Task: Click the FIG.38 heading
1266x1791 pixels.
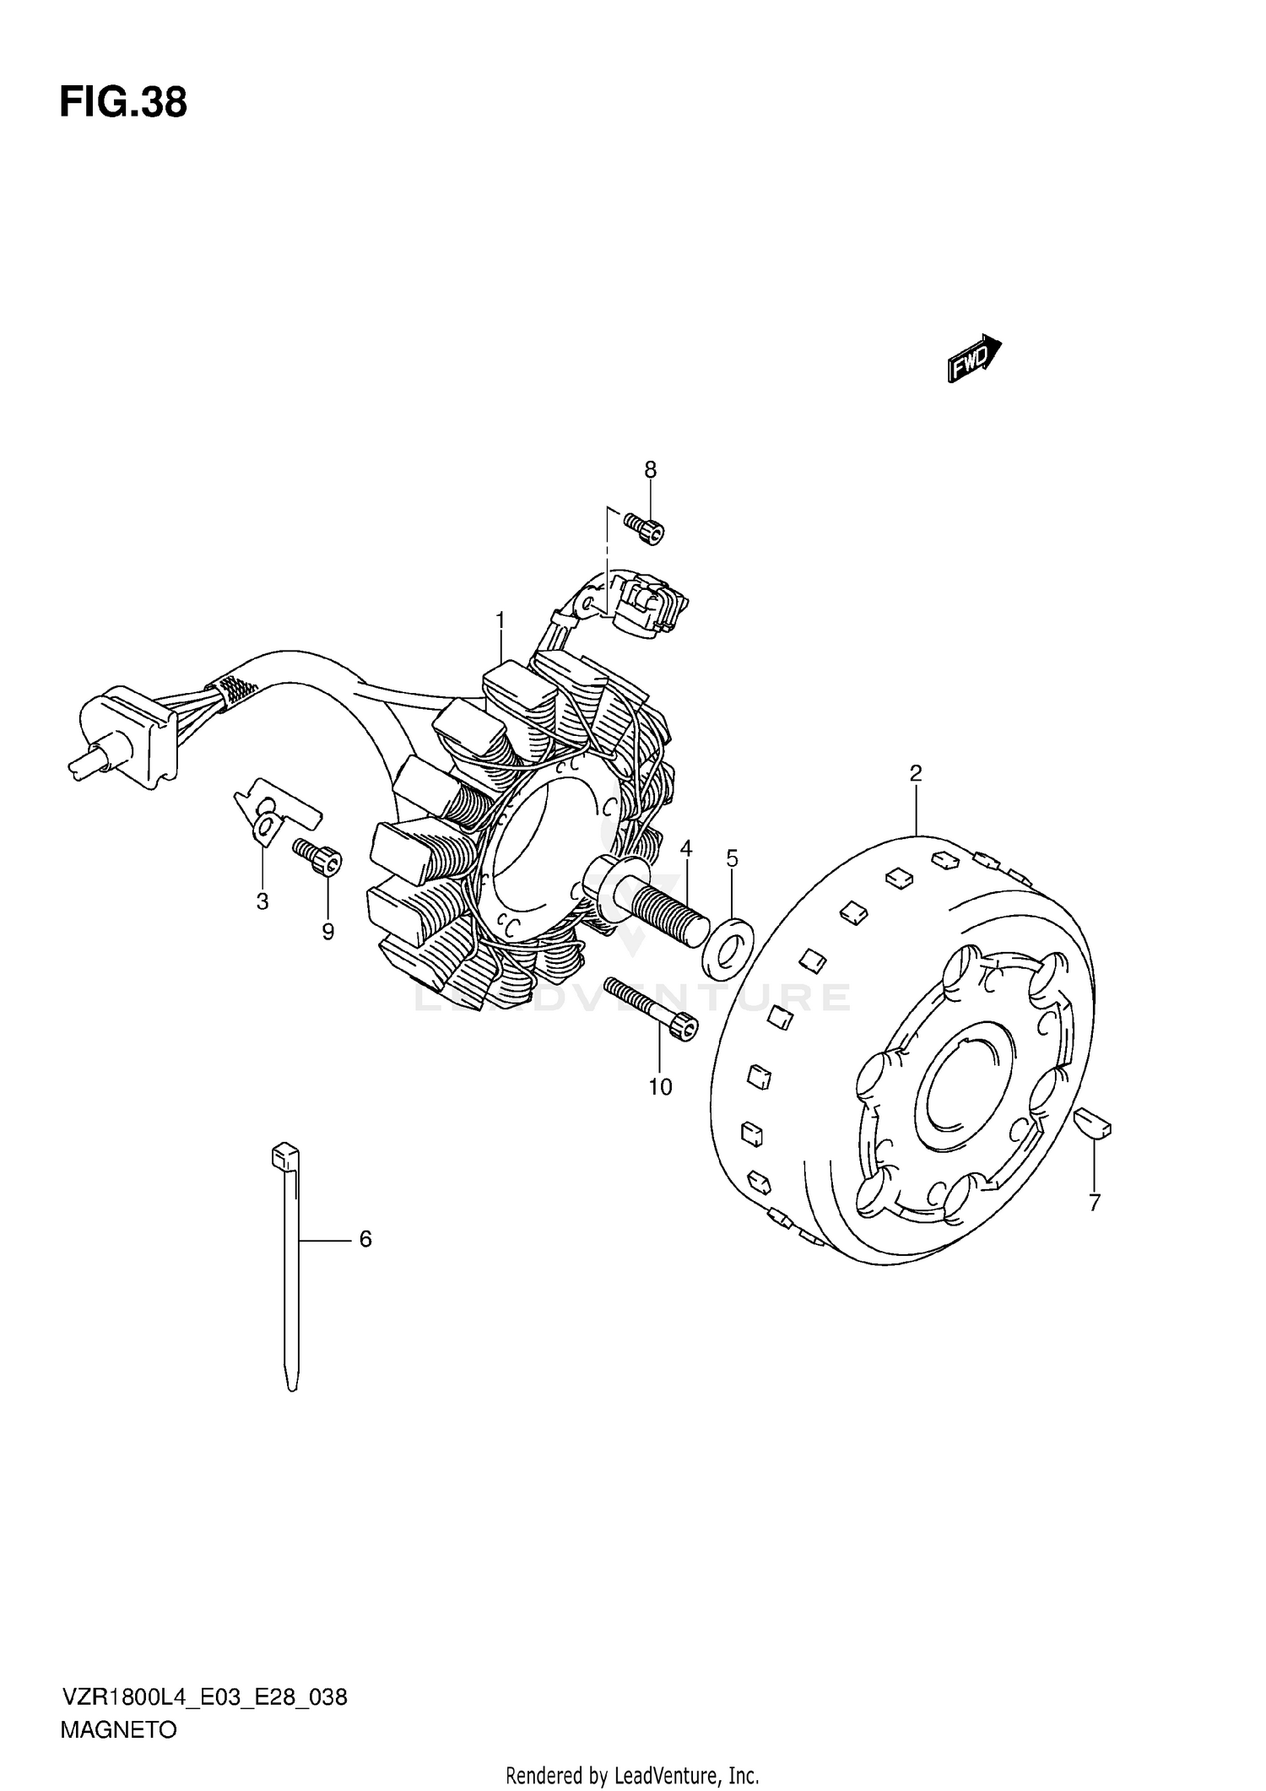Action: tap(123, 104)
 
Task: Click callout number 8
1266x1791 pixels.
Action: tap(650, 470)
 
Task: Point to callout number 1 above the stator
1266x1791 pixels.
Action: tap(500, 620)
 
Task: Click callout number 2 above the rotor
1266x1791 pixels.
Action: tap(916, 772)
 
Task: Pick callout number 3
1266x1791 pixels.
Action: tap(262, 901)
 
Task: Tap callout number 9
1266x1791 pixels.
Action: tap(327, 932)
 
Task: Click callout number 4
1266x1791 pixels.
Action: tap(686, 847)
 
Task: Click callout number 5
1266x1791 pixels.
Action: tap(732, 859)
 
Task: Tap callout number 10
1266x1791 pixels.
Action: tap(660, 1087)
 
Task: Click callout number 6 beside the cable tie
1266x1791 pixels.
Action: tap(365, 1239)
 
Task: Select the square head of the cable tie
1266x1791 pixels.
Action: tap(284, 1155)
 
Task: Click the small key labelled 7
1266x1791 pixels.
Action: tap(1093, 1125)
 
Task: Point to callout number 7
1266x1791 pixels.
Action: tap(1094, 1203)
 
